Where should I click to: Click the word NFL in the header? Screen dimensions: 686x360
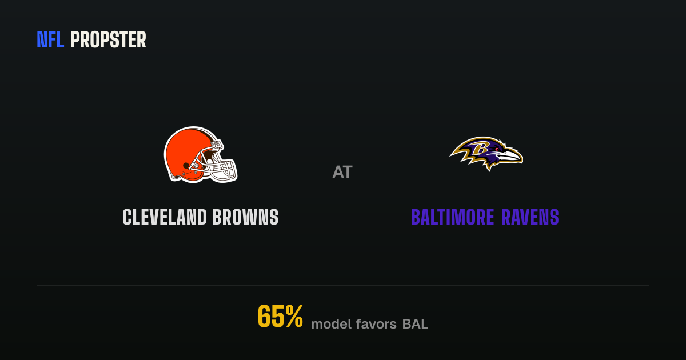click(x=50, y=40)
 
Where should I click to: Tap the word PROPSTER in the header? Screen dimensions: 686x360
click(x=108, y=40)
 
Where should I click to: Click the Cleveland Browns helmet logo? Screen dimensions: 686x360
click(x=201, y=155)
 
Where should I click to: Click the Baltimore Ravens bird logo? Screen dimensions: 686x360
click(x=486, y=154)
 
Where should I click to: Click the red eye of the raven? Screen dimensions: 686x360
click(x=496, y=149)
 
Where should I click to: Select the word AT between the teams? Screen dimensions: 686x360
click(x=342, y=172)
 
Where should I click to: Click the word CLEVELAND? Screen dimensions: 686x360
click(x=165, y=217)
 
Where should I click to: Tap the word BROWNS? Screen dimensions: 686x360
click(x=245, y=217)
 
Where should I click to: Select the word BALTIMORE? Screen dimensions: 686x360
click(x=453, y=217)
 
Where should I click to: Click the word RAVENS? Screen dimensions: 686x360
click(x=530, y=217)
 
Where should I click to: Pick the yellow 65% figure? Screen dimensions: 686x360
click(x=280, y=316)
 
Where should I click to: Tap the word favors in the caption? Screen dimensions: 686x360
click(x=376, y=324)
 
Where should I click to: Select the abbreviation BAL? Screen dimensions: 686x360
click(x=415, y=324)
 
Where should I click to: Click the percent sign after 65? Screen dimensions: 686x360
click(x=294, y=316)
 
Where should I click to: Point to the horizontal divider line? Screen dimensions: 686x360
click(x=343, y=286)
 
